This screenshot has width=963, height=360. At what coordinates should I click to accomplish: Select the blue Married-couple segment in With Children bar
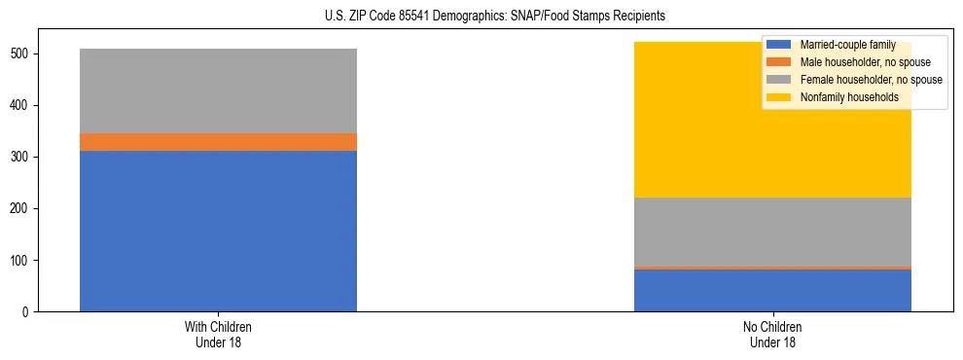point(218,231)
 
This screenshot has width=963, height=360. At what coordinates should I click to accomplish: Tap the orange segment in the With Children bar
point(218,142)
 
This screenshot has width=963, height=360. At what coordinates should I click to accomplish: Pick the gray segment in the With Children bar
point(218,90)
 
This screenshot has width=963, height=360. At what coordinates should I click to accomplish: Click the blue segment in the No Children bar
point(772,290)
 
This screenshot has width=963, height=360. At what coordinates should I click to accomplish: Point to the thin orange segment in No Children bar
point(772,268)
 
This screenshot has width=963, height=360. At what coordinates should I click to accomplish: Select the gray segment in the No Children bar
point(772,232)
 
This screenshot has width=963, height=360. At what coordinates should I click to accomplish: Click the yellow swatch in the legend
point(779,97)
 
